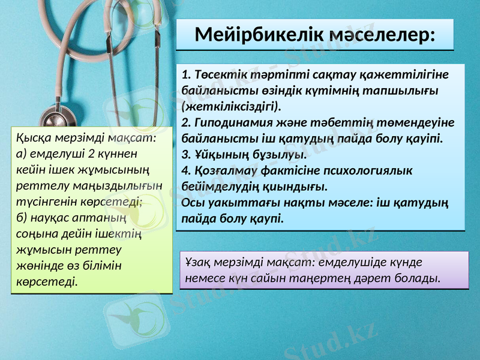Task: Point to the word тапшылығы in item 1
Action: [x=409, y=91]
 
